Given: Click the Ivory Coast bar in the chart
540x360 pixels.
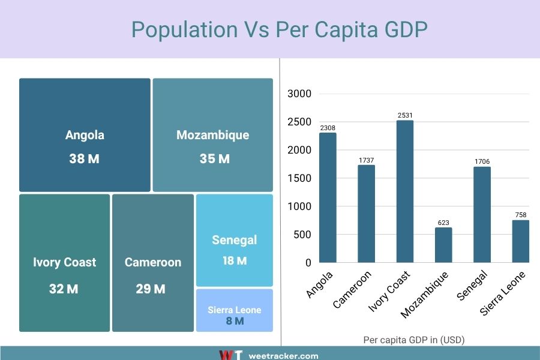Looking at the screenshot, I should (404, 191).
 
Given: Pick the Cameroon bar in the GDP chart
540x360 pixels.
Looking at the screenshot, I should (366, 214).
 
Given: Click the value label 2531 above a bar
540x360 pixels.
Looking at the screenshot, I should (404, 115).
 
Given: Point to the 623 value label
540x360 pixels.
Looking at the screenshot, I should (443, 223).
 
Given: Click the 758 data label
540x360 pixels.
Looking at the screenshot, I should (521, 215).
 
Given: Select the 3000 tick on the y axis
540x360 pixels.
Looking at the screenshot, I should (299, 94).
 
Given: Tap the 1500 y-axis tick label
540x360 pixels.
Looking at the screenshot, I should (299, 178).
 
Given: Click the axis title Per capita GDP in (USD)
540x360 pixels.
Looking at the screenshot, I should (414, 340).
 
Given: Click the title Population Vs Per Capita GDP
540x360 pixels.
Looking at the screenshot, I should (279, 29).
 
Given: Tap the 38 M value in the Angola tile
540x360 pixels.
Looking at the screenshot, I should (85, 159).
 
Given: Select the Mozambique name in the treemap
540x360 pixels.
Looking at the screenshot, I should (212, 135).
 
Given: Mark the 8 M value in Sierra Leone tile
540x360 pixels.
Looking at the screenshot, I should (235, 321).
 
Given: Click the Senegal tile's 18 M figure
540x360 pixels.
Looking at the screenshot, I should (234, 261).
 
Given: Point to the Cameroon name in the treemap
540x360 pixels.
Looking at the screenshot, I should (152, 262).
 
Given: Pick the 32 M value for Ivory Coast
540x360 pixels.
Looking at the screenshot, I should (64, 289).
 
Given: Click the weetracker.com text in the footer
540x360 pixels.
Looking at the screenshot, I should (283, 356).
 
